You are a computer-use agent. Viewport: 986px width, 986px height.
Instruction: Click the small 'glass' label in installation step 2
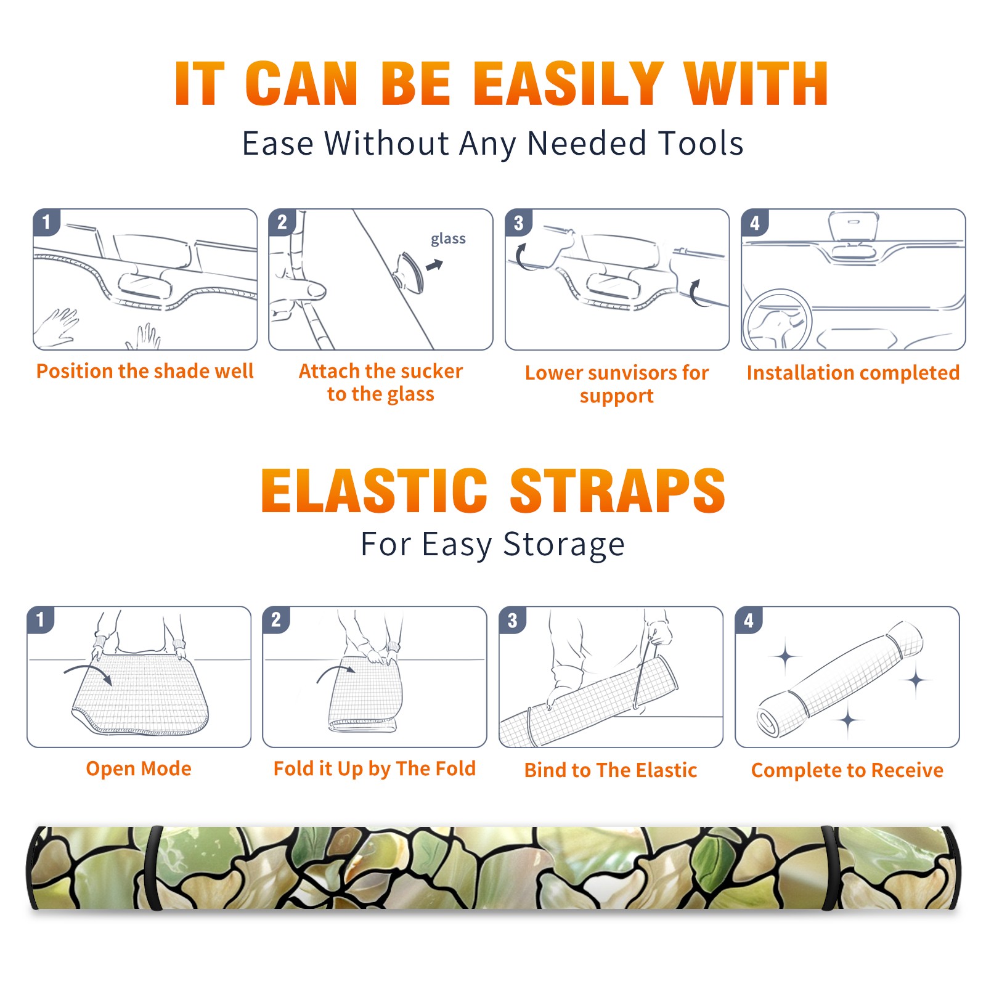point(448,239)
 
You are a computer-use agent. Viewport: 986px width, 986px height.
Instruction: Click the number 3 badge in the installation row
point(518,223)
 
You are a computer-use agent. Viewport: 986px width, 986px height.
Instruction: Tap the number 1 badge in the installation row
point(46,222)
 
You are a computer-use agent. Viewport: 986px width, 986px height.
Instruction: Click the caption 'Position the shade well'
point(145,371)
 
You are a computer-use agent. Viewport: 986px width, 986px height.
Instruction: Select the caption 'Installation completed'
point(853,372)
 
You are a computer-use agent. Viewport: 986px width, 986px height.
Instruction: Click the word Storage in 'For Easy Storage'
point(564,545)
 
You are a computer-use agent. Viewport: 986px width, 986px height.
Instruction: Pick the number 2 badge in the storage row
point(276,619)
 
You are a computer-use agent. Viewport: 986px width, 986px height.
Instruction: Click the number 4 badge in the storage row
point(749,619)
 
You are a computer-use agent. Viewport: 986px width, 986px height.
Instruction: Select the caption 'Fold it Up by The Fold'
point(375,768)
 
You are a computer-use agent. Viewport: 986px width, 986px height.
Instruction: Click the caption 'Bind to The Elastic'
point(611,770)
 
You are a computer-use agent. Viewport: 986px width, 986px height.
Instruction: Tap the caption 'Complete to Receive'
point(847,770)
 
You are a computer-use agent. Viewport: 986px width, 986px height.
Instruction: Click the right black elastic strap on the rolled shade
point(829,868)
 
